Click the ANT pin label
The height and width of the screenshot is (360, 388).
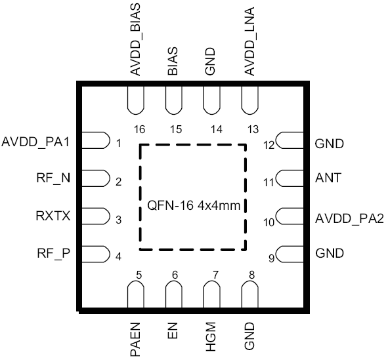328,178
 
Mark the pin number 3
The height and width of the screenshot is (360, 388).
118,220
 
